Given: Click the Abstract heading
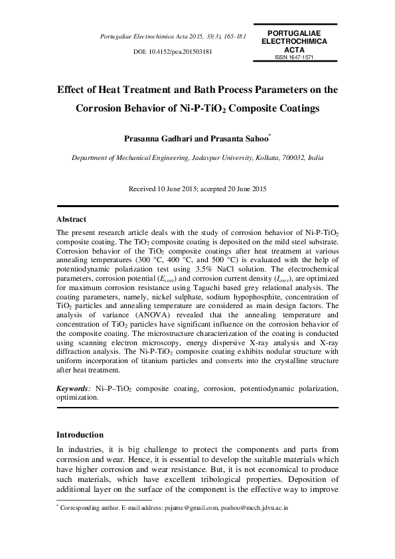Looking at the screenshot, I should (x=71, y=218).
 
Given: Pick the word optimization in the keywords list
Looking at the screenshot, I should (x=78, y=397).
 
